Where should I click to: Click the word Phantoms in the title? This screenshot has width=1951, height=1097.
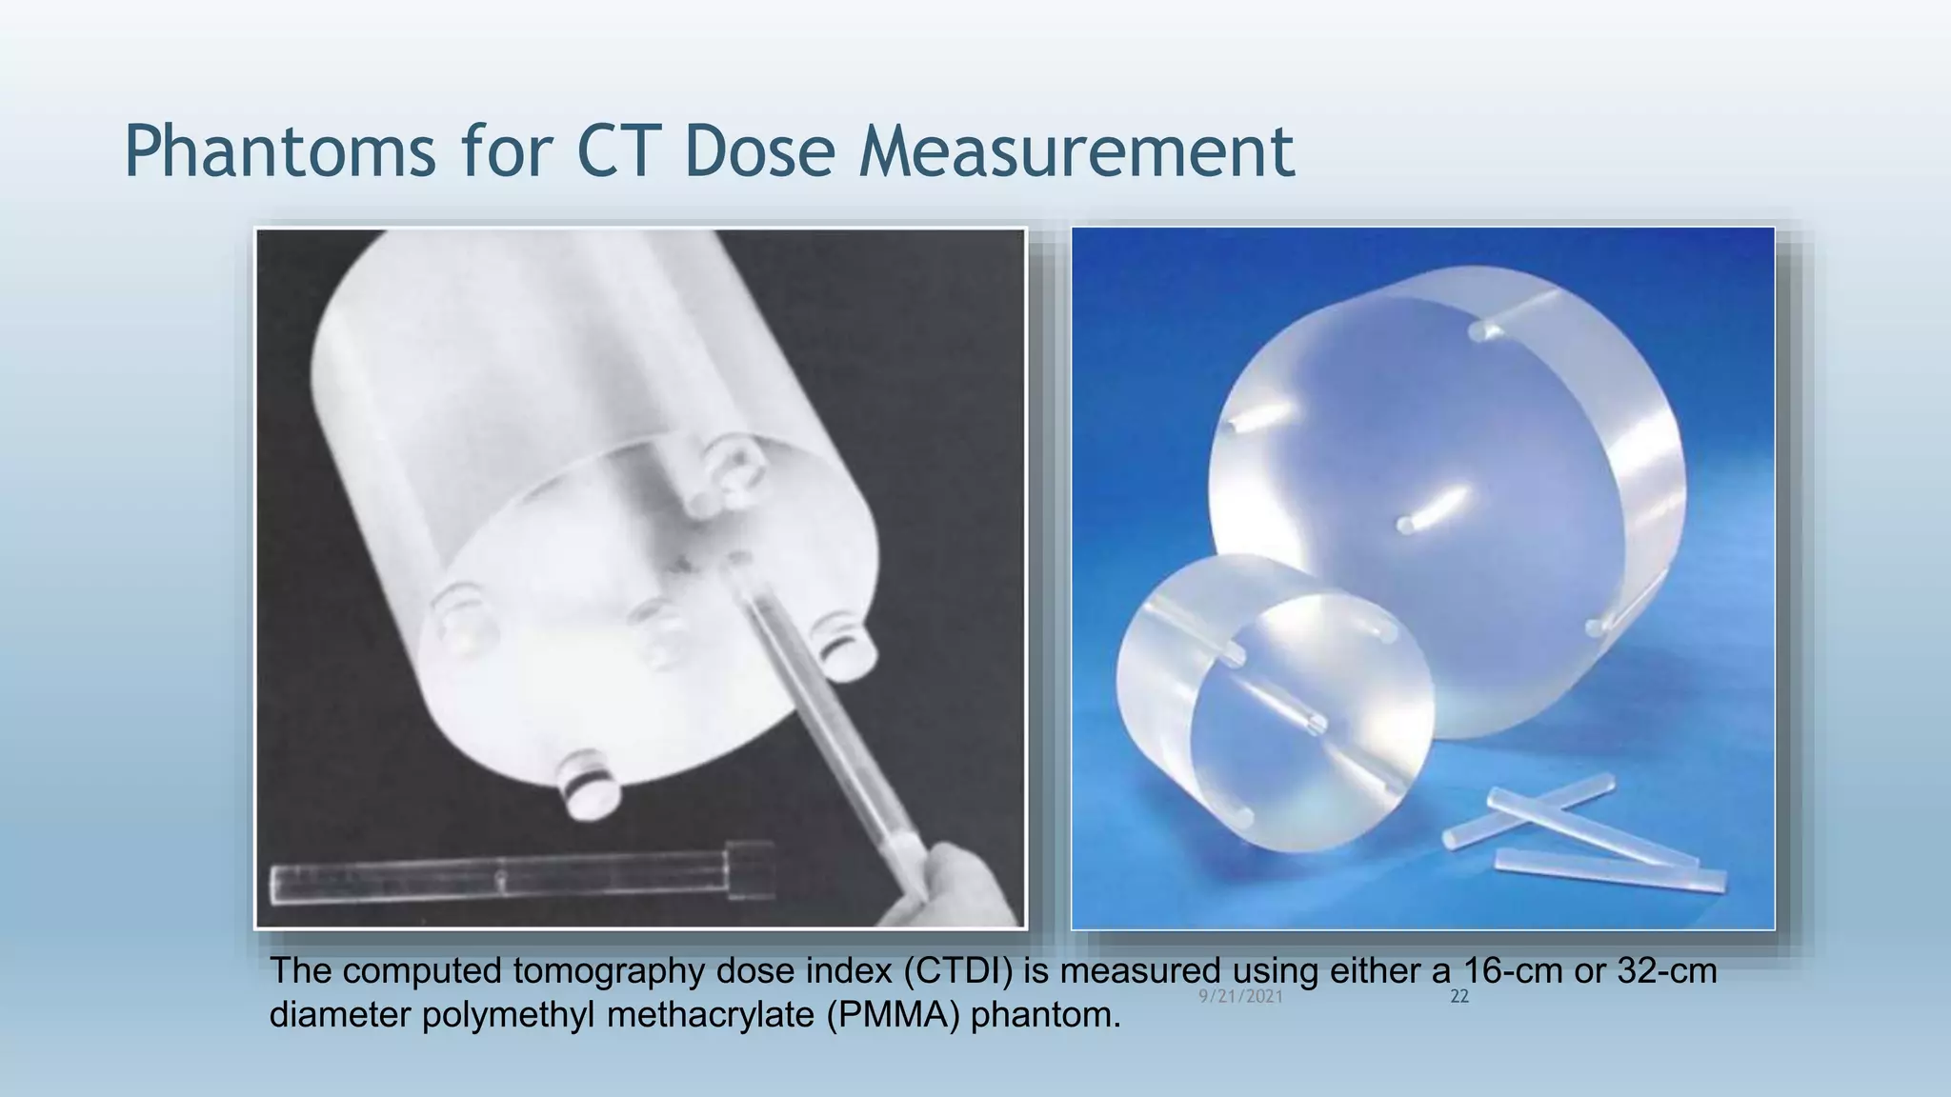tap(280, 150)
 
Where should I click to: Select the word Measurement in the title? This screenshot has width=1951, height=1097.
tap(1076, 150)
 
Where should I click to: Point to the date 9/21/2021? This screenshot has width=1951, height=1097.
tap(1240, 997)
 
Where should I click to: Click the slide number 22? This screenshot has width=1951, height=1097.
tap(1458, 997)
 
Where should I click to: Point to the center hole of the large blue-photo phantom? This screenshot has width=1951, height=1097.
tap(1407, 525)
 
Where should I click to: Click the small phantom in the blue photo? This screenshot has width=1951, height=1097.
tap(1277, 705)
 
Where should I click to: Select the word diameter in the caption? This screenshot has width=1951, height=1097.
tap(340, 1015)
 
